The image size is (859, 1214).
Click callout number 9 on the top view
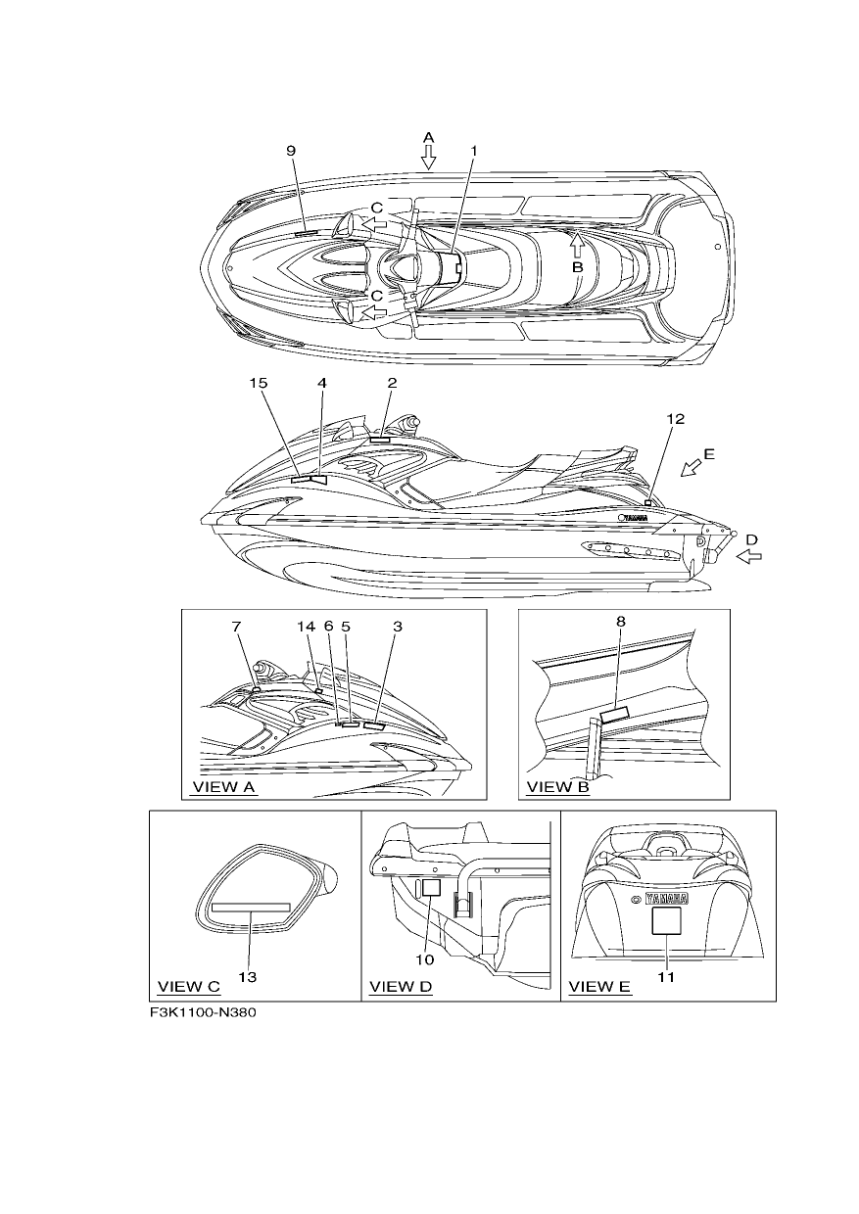point(291,151)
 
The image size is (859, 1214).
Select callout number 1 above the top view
point(473,151)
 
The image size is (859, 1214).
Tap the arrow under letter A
point(428,158)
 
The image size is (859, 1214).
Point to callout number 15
point(259,383)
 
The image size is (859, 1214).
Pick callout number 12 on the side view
point(676,419)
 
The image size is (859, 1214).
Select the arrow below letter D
point(749,556)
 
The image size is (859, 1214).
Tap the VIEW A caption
point(223,787)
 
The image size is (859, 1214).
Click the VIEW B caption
point(558,787)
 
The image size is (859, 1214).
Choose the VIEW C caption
point(189,987)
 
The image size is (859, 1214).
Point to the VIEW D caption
point(401,987)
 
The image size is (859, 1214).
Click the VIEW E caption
point(599,987)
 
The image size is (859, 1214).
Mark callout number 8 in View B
point(621,622)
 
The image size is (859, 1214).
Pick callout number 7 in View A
point(236,627)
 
